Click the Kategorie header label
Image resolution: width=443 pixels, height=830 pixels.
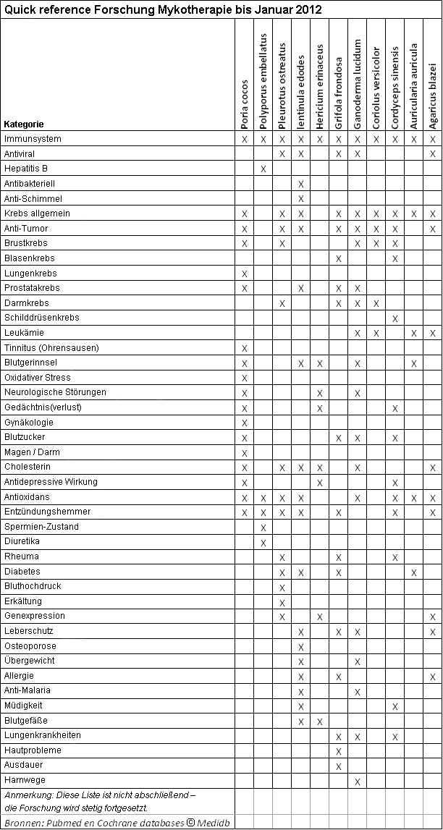(x=24, y=124)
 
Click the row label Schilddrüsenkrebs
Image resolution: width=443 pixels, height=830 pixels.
(x=42, y=318)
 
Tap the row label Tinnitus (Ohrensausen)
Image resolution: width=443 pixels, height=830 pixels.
(x=51, y=347)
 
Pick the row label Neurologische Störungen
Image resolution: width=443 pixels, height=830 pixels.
(x=55, y=392)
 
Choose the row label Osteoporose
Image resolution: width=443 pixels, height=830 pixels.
(x=30, y=645)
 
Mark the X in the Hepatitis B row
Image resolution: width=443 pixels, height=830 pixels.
(x=263, y=169)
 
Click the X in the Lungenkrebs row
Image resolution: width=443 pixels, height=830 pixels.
(x=245, y=274)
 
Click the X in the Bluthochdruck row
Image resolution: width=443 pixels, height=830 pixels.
(x=282, y=587)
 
